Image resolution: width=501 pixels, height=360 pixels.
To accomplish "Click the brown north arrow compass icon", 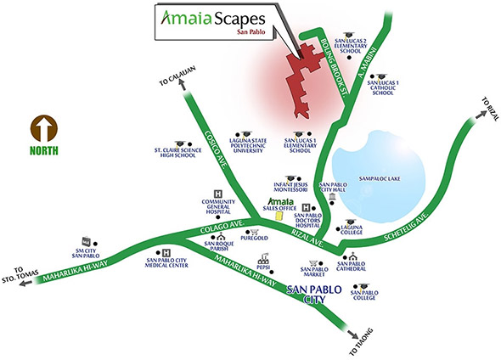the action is [44, 128].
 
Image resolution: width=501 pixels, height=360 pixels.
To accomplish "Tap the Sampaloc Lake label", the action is [380, 178].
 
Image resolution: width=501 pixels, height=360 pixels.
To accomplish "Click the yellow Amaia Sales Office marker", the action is [279, 216].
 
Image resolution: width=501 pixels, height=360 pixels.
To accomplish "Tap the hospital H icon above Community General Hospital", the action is [218, 194].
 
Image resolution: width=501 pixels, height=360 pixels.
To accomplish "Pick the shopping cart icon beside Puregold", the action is [255, 232].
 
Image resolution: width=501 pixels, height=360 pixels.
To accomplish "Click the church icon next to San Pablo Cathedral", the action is [352, 256].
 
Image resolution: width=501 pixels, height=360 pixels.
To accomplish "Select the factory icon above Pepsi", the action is [265, 257].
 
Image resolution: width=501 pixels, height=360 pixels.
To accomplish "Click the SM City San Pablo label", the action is [86, 253].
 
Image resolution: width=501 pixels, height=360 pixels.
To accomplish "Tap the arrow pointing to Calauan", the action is [183, 84].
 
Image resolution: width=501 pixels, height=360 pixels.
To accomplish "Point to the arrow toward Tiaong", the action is [353, 335].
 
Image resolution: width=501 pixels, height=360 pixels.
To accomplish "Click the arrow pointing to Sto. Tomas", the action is [25, 283].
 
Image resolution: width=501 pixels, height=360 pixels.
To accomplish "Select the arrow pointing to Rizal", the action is [480, 115].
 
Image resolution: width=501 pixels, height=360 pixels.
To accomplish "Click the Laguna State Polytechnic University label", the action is [248, 145].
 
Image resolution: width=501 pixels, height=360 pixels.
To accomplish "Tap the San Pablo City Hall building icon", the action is [332, 196].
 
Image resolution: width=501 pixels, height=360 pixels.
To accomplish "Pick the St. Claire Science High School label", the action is [177, 152].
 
